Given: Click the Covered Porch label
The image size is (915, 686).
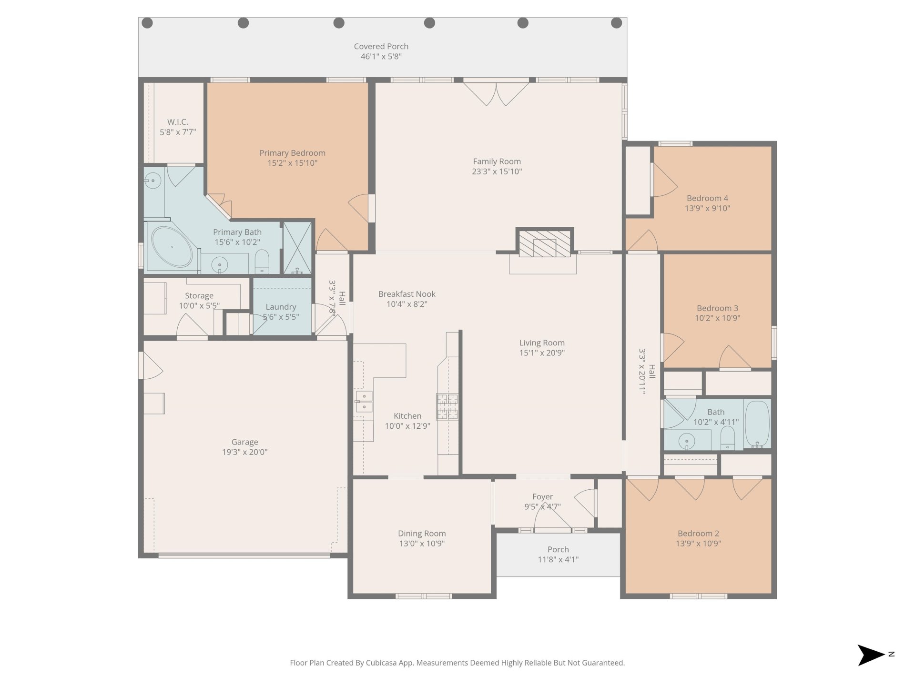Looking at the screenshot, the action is [381, 46].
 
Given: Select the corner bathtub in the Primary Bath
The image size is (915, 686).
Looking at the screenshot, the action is [173, 247].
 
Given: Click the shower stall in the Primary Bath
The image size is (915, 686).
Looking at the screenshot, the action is [297, 248].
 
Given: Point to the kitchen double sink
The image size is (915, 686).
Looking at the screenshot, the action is [364, 401].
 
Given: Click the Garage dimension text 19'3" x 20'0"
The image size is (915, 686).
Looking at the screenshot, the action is [245, 452].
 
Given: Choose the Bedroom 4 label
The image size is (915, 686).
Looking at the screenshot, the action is [707, 198].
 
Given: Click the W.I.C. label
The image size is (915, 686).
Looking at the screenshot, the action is [178, 122].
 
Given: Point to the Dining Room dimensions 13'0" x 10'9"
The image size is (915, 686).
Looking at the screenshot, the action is [422, 544].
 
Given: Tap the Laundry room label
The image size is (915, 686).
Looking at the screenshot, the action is [281, 307].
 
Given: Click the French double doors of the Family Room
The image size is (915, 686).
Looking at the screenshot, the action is [496, 93].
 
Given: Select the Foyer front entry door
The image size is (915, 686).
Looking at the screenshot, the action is [552, 519].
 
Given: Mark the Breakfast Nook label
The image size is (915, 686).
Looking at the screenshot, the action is [407, 294].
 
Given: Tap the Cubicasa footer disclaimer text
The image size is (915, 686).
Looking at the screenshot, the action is [457, 663].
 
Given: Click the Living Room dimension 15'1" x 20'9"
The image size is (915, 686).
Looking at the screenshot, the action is [542, 353].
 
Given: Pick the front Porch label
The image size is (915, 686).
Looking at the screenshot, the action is [558, 549].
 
